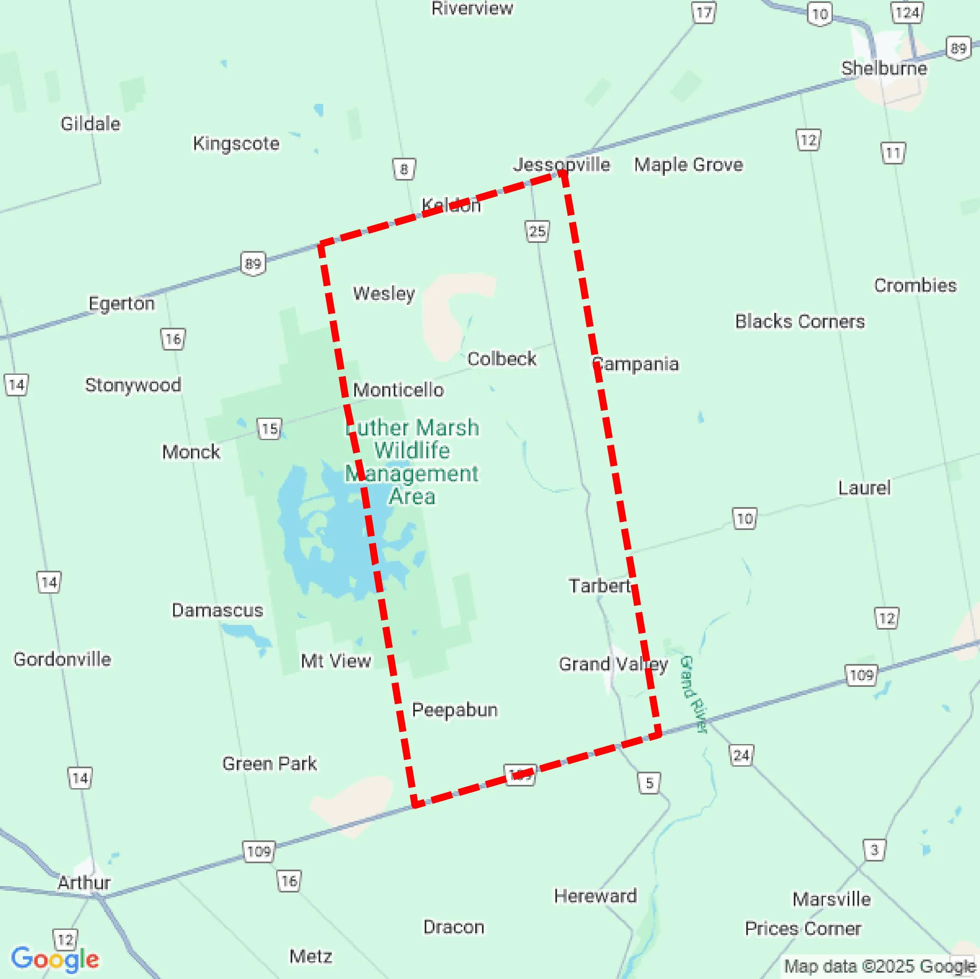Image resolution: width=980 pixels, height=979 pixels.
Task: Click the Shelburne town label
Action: [884, 68]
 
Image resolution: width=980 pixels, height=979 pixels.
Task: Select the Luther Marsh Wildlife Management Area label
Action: [412, 461]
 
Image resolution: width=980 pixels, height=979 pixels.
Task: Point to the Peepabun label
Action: [454, 710]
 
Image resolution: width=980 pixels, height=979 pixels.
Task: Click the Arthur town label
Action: [84, 883]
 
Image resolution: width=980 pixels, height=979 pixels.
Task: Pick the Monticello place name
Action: [398, 390]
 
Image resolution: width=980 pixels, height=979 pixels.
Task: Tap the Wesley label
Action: [384, 293]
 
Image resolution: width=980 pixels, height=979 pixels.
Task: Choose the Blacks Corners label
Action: [800, 321]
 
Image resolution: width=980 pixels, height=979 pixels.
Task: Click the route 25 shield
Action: [537, 231]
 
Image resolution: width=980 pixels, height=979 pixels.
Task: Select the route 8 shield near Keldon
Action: [404, 169]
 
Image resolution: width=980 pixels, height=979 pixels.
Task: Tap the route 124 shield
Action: [907, 13]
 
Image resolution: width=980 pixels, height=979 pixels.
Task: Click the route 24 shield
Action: [741, 756]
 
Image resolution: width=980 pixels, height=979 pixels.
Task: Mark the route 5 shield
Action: [649, 783]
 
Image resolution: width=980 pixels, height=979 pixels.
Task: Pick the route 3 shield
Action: [874, 849]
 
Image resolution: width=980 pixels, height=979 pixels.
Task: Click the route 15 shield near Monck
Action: [269, 429]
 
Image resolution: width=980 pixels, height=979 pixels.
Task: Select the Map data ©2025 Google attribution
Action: [879, 966]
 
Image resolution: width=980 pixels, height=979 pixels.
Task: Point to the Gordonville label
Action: [62, 659]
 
